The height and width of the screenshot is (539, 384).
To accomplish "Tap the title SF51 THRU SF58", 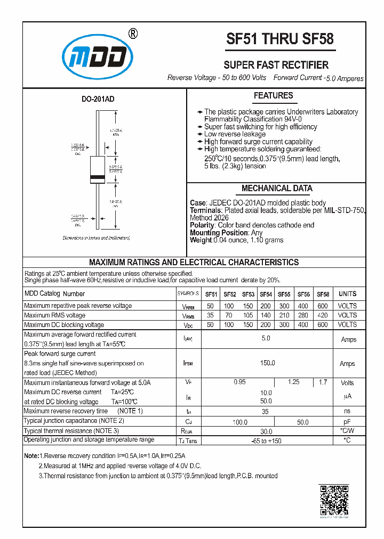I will tap(280, 39).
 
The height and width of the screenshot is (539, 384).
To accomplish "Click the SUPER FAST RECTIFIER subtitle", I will tap(276, 65).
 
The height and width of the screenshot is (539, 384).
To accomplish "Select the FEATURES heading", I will tap(273, 96).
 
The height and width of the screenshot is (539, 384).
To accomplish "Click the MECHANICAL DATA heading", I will tap(277, 189).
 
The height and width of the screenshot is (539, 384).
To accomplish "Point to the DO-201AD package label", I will tap(98, 99).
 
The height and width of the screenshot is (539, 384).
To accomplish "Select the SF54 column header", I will tap(266, 294).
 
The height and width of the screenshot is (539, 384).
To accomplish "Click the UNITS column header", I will tap(347, 294).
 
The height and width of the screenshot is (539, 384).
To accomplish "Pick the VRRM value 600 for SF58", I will tap(323, 306).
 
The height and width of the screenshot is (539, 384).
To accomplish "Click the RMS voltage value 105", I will tap(247, 315).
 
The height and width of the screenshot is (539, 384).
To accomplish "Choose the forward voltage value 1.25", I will tap(293, 382).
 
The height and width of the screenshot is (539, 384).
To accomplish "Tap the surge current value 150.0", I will tap(267, 363).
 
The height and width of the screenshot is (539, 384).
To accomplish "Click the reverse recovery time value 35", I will tap(266, 411).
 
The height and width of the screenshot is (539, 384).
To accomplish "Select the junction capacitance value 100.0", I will tap(240, 422).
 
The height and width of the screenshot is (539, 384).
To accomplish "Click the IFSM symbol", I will tap(188, 363).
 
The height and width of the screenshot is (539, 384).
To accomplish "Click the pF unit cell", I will tap(347, 421).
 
